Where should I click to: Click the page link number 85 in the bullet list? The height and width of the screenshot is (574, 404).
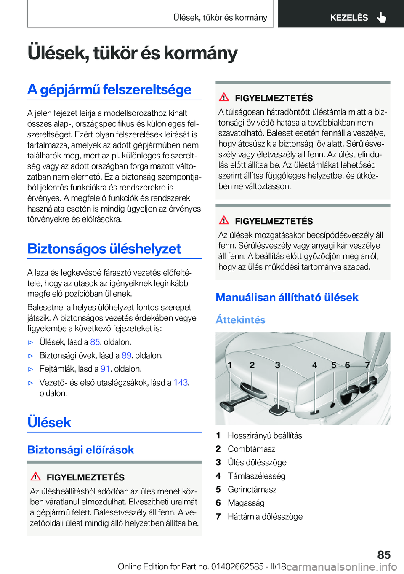(95, 342)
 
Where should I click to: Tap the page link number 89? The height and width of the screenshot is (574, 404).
(126, 356)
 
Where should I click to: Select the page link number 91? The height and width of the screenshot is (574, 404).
(105, 369)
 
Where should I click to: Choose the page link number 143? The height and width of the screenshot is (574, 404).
(181, 383)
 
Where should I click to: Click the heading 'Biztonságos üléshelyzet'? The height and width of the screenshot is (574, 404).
(104, 249)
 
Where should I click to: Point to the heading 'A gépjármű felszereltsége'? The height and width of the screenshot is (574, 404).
(109, 89)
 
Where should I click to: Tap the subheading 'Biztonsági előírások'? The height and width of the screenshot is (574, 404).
(81, 450)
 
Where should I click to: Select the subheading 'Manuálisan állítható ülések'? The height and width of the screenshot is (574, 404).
(287, 298)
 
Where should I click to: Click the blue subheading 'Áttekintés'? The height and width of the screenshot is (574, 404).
(241, 320)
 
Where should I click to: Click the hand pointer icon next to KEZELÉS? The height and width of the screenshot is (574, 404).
(382, 17)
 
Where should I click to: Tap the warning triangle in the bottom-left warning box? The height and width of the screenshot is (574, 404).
(36, 477)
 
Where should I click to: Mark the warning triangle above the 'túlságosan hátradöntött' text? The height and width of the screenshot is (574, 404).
(224, 97)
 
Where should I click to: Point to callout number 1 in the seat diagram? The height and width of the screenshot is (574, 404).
(230, 365)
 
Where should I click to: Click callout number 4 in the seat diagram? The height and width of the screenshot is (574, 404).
(314, 365)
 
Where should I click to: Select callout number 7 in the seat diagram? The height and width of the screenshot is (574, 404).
(367, 365)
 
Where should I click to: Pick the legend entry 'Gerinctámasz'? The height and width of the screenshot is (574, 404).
(252, 490)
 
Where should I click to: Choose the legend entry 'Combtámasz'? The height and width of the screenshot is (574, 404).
(251, 449)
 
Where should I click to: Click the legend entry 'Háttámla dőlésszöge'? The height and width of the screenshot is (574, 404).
(265, 517)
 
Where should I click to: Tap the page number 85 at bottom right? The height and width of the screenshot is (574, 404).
(384, 555)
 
